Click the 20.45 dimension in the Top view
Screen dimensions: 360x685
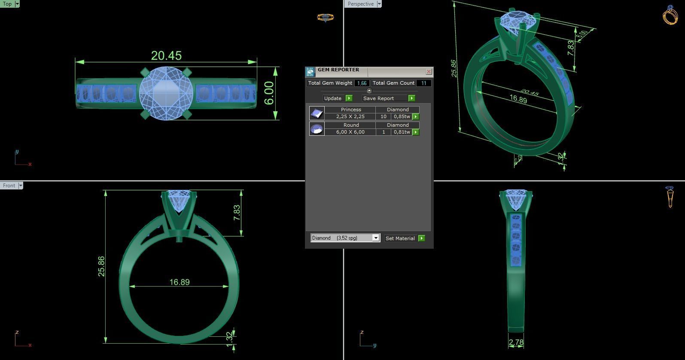pos(166,56)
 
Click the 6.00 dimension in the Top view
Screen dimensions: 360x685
pos(269,93)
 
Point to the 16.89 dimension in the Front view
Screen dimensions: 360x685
pos(180,282)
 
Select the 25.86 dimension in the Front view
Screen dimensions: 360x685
pos(101,266)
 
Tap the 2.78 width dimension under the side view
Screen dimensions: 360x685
pos(516,342)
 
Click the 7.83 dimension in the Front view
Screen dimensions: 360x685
pos(237,213)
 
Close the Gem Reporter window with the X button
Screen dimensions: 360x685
pos(429,72)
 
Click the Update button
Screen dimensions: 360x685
pos(333,98)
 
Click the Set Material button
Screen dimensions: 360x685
pos(400,238)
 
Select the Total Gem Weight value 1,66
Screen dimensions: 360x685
pos(362,83)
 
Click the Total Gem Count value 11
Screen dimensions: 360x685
pos(424,83)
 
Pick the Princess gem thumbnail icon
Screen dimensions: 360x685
pos(317,113)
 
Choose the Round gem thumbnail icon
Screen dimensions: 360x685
pos(317,128)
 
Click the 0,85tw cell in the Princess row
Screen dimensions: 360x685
pos(402,117)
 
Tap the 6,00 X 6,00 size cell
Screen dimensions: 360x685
pos(350,132)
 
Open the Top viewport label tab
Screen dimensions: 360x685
pos(7,4)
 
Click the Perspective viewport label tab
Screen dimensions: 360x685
pos(360,4)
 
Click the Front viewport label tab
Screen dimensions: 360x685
pos(9,186)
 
